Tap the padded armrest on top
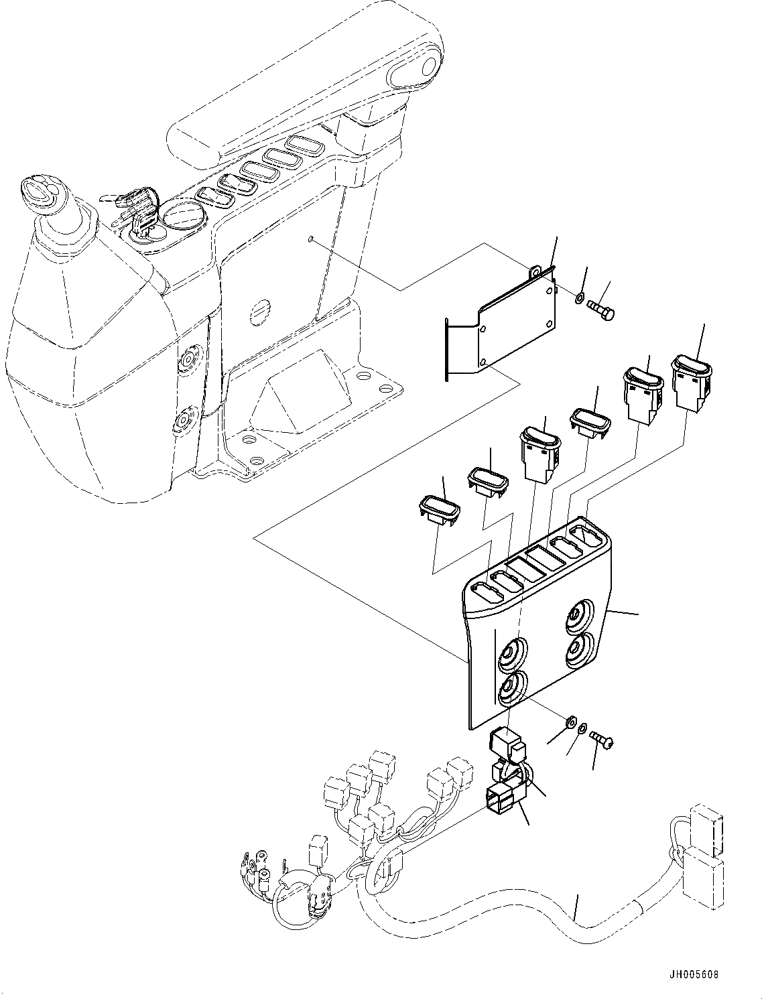(x=302, y=87)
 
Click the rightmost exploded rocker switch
(x=691, y=383)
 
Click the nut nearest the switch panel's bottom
(x=570, y=722)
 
